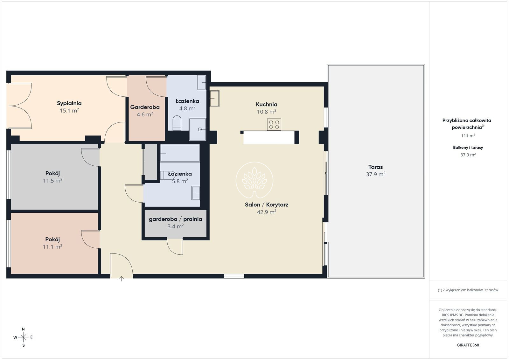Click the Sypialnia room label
tap(69, 103)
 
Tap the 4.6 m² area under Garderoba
tap(145, 114)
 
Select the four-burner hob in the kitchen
tap(274, 124)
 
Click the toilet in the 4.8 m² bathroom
tap(177, 123)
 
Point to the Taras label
tap(375, 167)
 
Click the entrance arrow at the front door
tap(122, 279)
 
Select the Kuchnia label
tap(267, 105)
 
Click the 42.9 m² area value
tap(267, 212)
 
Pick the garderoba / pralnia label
tap(175, 219)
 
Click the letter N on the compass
tap(23, 329)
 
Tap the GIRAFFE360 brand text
tap(468, 345)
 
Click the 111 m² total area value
tap(468, 135)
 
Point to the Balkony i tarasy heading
tap(468, 148)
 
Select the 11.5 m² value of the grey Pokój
tap(53, 181)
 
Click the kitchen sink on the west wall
tap(214, 99)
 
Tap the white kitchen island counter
tap(269, 137)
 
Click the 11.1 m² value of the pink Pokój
tap(52, 246)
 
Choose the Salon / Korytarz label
tap(267, 204)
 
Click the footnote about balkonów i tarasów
tap(468, 290)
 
